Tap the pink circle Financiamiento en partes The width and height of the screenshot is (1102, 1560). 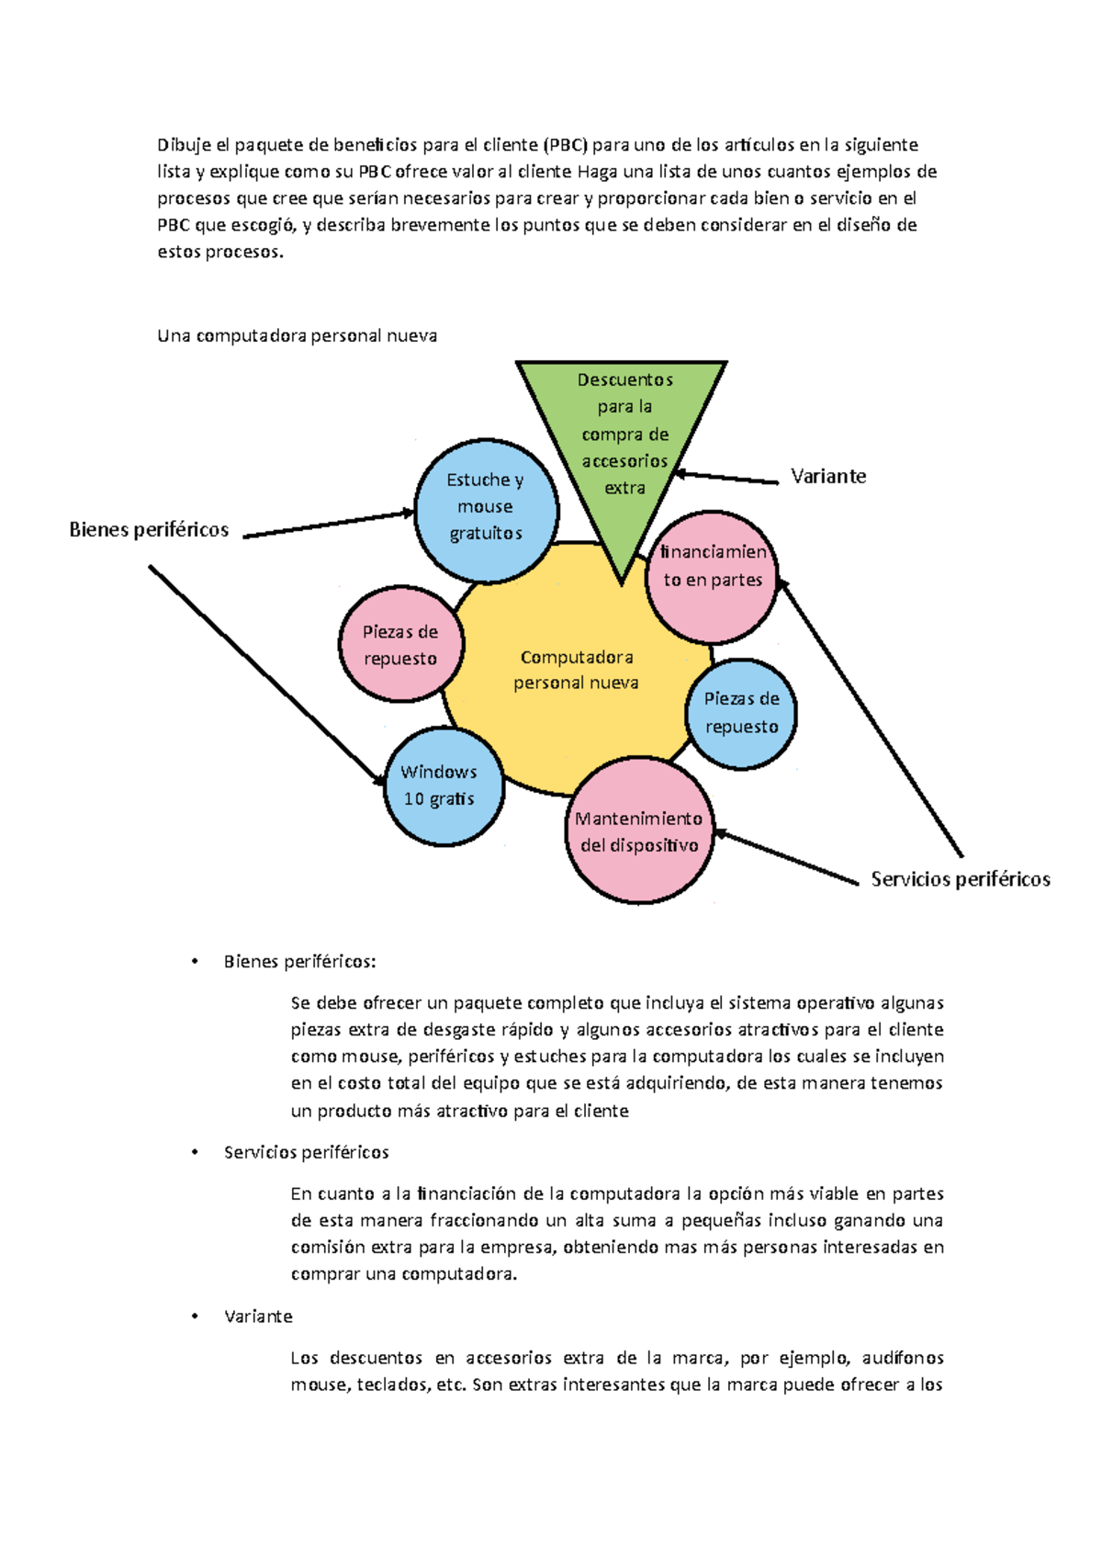(x=713, y=577)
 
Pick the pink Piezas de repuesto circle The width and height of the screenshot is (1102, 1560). (x=400, y=645)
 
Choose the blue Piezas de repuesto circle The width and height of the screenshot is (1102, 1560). (x=741, y=713)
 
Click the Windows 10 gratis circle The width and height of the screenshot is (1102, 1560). (x=443, y=786)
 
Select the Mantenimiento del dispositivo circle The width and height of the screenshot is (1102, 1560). (x=639, y=831)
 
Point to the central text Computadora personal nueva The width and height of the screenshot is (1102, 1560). (x=576, y=670)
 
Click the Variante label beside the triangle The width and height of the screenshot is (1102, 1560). (x=828, y=476)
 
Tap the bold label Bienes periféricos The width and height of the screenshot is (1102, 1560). (x=149, y=529)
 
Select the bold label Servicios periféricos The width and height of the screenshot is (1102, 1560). (x=960, y=879)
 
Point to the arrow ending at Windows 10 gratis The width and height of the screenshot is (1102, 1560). (x=266, y=674)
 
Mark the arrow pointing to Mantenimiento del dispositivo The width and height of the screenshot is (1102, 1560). (x=786, y=858)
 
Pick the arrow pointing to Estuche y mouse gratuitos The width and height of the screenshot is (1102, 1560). (x=328, y=525)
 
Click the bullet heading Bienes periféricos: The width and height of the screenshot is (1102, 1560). (x=299, y=962)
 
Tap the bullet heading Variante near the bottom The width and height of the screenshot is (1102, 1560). (x=258, y=1317)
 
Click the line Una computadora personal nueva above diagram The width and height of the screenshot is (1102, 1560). (x=297, y=336)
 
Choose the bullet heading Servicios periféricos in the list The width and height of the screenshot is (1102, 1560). (x=306, y=1152)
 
